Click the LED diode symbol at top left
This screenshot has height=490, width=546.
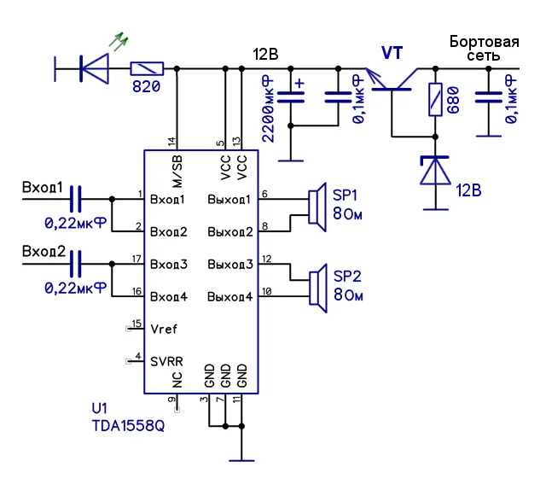click(95, 67)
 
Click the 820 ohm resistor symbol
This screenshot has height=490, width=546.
click(146, 67)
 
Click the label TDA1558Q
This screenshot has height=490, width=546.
click(128, 424)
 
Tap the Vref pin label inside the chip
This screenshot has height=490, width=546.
click(164, 329)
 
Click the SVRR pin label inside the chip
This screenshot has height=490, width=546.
click(166, 361)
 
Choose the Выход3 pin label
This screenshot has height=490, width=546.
click(230, 265)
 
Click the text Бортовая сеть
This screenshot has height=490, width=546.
click(484, 48)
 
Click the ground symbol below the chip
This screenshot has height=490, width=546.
click(242, 459)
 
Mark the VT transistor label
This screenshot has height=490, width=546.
click(393, 53)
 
